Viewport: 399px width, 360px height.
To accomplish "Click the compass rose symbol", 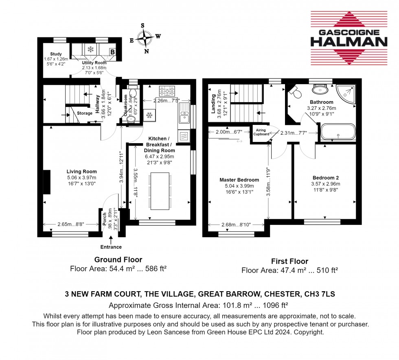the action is click(x=145, y=38).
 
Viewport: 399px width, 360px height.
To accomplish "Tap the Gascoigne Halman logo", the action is click(x=349, y=38).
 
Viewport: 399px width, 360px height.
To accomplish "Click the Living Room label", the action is click(x=82, y=172).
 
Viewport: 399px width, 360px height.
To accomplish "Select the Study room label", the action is click(x=56, y=54).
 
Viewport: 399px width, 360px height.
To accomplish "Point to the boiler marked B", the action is click(x=112, y=52).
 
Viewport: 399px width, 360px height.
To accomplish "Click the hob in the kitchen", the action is click(x=167, y=91).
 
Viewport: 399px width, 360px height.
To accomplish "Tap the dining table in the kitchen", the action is click(x=160, y=191).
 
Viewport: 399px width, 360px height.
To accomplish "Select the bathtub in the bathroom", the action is click(x=338, y=132).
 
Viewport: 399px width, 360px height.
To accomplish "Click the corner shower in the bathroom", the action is click(x=346, y=94).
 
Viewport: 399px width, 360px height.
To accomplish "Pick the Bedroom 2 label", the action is click(x=326, y=178).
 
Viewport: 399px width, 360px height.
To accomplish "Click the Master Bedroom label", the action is click(x=239, y=180).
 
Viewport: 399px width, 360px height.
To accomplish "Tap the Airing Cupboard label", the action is click(x=261, y=132).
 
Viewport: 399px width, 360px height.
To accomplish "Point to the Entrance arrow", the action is click(x=111, y=240).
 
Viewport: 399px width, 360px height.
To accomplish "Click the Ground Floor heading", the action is click(x=118, y=260).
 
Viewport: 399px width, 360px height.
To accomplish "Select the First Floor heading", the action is click(x=289, y=261).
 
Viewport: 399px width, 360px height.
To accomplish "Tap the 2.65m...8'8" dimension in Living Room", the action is click(x=71, y=224).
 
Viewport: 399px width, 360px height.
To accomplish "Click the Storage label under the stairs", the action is click(x=85, y=113).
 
